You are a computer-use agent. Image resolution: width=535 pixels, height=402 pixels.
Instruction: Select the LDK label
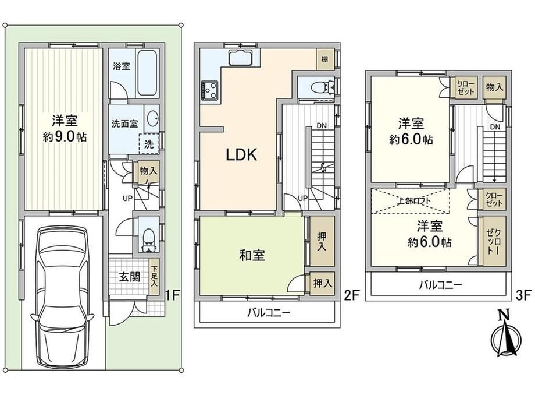[241, 155]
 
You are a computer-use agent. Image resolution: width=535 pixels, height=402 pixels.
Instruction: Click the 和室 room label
[252, 255]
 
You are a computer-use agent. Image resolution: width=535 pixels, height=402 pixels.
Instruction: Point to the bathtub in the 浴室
[147, 72]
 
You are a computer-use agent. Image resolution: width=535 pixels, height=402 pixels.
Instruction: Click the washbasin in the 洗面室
[152, 119]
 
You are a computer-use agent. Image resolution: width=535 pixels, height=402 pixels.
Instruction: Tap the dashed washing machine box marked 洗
[149, 144]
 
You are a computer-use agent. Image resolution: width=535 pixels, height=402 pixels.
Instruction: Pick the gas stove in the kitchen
[209, 90]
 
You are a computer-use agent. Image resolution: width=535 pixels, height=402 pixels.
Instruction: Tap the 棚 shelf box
[325, 59]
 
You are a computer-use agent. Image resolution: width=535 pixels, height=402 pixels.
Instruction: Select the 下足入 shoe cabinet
[154, 277]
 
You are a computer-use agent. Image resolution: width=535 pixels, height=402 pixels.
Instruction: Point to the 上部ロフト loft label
[414, 200]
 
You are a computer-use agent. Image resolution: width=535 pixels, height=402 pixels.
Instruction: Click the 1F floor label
[173, 295]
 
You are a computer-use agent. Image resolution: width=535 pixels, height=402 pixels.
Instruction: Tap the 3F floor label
[523, 295]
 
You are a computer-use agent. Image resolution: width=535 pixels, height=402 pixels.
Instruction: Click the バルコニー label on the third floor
[440, 284]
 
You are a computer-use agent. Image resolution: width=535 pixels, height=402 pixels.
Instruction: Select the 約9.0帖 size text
[65, 137]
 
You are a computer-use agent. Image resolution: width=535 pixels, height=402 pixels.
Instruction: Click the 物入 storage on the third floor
[494, 87]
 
